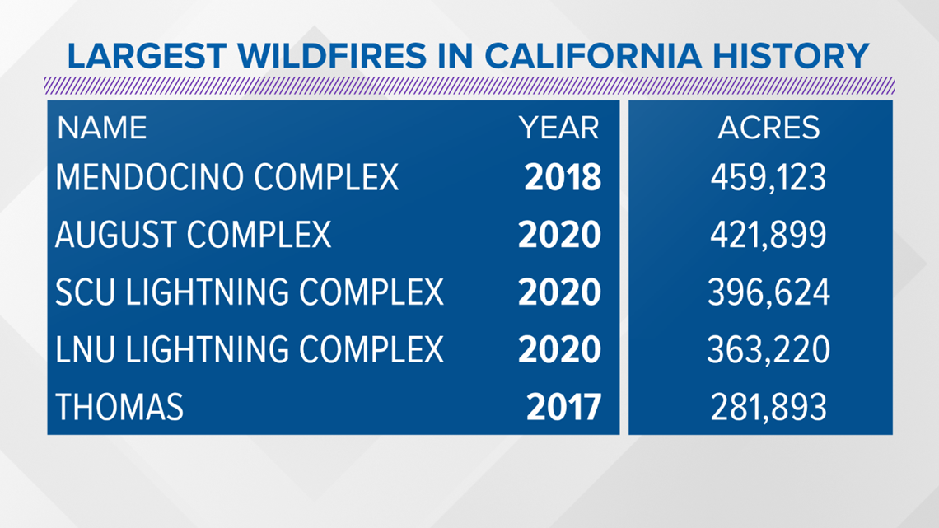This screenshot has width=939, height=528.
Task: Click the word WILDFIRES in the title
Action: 332,56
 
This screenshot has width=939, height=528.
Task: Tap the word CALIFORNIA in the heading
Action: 593,56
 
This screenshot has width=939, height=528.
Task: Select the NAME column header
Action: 102,128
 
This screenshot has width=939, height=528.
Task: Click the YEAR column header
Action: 558,128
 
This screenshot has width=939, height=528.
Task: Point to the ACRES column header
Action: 768,128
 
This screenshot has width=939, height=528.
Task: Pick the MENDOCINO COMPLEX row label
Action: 227,177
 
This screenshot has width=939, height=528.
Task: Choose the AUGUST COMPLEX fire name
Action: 193,234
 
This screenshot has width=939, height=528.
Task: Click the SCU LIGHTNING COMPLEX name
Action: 249,292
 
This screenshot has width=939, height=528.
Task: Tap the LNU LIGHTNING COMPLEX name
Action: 249,349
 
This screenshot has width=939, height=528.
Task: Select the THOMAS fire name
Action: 119,407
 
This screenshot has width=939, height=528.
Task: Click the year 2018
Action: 563,177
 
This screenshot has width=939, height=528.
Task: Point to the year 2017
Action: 563,407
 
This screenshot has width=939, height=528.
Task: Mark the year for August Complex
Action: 560,234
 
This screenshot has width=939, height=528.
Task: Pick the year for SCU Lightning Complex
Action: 560,292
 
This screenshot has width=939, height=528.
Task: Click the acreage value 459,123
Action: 768,178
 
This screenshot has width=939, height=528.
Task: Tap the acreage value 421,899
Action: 768,235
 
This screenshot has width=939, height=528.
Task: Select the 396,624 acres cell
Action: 768,292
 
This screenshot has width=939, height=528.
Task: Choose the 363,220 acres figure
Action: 768,350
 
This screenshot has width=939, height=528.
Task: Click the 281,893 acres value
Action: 768,408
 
